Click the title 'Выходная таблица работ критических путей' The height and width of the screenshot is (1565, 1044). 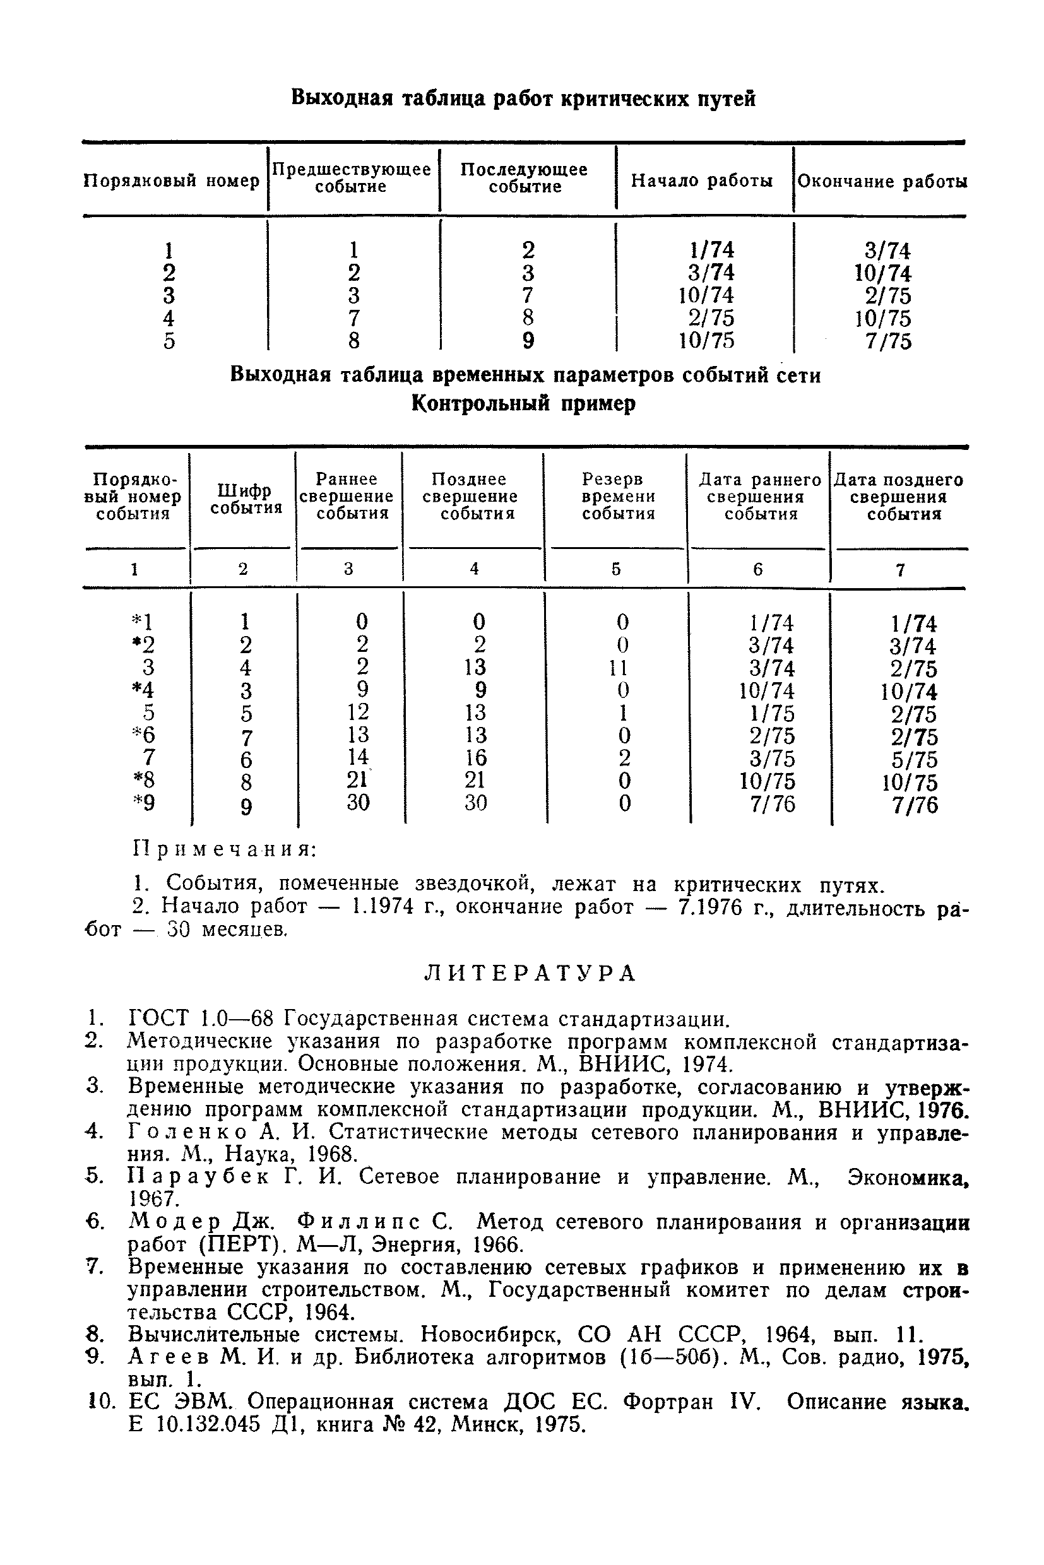coord(523,99)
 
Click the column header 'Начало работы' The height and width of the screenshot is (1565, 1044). coord(702,181)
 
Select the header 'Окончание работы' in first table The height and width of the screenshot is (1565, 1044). coord(882,182)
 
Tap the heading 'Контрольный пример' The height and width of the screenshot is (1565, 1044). coord(523,403)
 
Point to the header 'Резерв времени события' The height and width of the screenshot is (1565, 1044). coord(617,497)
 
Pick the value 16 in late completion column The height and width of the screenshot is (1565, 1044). coord(475,757)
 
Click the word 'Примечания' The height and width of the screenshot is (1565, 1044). coord(224,850)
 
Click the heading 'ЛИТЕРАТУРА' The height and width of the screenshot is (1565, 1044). coord(530,974)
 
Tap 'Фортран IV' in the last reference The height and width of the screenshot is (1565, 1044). coord(692,1403)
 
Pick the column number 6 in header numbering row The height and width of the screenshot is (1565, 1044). coord(757,569)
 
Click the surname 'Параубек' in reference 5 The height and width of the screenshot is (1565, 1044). coord(198,1177)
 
